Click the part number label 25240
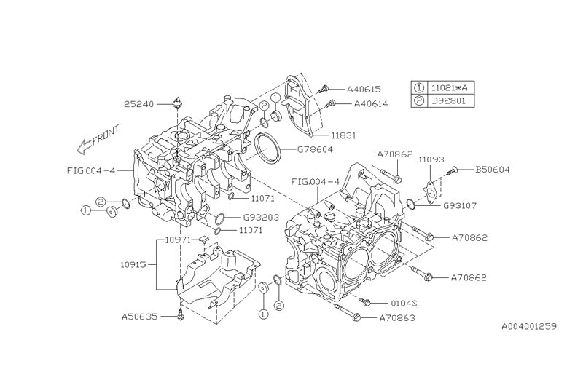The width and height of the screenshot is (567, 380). click(x=138, y=104)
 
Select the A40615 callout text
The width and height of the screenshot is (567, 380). click(x=363, y=89)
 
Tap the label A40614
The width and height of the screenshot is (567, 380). click(x=370, y=103)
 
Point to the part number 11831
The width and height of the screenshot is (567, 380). click(x=343, y=135)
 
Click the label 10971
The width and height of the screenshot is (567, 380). click(x=177, y=239)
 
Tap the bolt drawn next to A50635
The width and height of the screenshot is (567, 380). click(x=180, y=316)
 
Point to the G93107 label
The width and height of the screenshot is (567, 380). click(x=460, y=205)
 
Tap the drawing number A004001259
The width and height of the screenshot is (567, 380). click(x=529, y=327)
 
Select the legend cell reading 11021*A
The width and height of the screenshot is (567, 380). click(x=448, y=87)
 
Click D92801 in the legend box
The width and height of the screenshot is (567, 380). click(x=448, y=100)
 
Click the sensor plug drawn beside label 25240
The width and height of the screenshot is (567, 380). click(x=177, y=101)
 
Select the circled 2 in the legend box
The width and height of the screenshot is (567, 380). click(x=419, y=100)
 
